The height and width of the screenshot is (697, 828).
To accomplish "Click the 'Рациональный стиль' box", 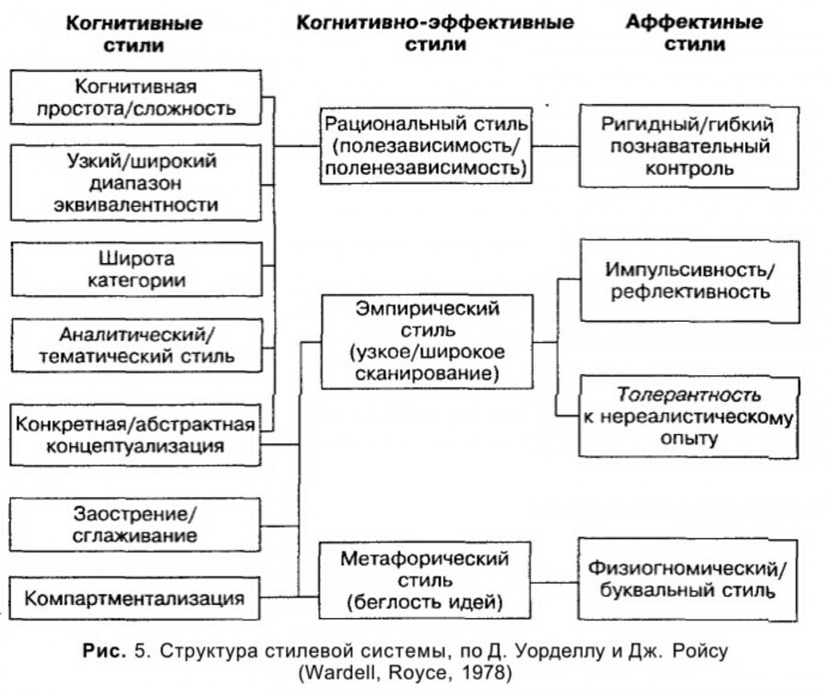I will pyautogui.click(x=427, y=145).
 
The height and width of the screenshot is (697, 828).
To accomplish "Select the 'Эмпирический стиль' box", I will pyautogui.click(x=427, y=340).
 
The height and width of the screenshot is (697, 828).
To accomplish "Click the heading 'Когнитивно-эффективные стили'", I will pyautogui.click(x=435, y=33).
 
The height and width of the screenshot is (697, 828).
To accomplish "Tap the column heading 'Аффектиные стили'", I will pyautogui.click(x=694, y=33).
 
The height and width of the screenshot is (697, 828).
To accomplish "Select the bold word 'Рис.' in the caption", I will pyautogui.click(x=101, y=652).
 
